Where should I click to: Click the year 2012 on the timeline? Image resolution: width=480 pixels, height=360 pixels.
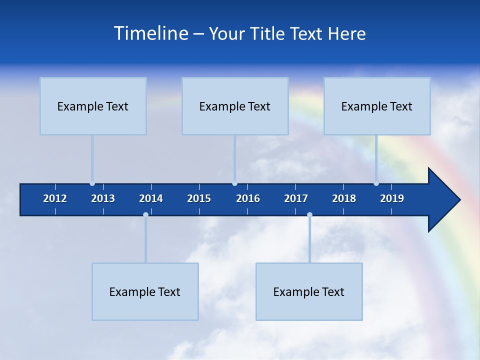(55, 198)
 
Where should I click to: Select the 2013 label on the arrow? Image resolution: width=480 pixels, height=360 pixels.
(103, 198)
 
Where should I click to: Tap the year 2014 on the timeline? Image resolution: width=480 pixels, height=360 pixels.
(151, 198)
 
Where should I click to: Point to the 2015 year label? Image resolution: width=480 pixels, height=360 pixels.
(199, 198)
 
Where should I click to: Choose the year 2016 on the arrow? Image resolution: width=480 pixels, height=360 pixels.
(248, 198)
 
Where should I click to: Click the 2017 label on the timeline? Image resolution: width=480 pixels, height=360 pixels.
(296, 198)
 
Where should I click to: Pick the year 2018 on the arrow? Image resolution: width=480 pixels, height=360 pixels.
(344, 198)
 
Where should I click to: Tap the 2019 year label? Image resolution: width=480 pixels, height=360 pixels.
(392, 198)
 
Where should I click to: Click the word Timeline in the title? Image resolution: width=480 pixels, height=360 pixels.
(151, 33)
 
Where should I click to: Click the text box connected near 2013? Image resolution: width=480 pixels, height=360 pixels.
(93, 106)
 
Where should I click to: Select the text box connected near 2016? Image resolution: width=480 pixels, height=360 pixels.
(235, 106)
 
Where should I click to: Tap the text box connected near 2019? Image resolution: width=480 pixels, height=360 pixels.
(377, 106)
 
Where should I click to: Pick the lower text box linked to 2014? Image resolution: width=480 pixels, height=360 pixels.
(145, 291)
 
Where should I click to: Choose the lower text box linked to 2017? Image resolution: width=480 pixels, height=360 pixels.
(309, 291)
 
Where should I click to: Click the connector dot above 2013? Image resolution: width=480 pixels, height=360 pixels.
(92, 183)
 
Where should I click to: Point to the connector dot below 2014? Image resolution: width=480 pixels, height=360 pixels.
(145, 214)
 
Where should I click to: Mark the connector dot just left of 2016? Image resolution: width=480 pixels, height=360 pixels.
(234, 183)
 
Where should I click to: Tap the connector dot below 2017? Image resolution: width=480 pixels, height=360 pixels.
(309, 214)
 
